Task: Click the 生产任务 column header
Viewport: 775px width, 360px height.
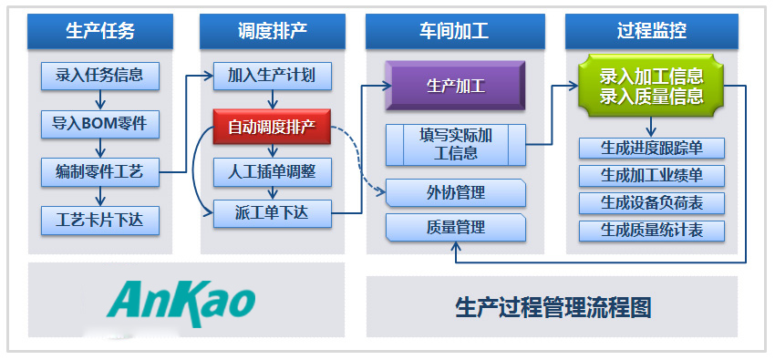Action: pos(100,31)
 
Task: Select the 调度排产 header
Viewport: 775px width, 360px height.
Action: pos(266,31)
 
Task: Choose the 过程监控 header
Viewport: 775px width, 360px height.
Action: pos(652,31)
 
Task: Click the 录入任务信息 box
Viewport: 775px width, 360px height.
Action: pos(99,76)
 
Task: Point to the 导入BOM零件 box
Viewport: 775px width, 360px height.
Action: pos(99,122)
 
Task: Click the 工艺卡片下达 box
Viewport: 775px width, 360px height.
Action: pos(99,219)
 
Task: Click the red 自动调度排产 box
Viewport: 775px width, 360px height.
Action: pos(271,128)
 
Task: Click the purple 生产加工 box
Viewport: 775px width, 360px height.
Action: pos(456,87)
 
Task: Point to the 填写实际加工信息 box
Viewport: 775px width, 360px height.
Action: pos(456,145)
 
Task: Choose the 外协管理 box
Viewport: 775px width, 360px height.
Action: pos(456,192)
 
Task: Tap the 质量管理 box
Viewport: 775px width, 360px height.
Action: pos(456,228)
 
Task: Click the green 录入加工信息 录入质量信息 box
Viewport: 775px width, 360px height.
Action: pos(651,85)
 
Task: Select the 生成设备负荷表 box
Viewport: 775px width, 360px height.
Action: pos(651,202)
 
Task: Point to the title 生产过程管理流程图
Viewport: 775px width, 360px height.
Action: pos(553,307)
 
